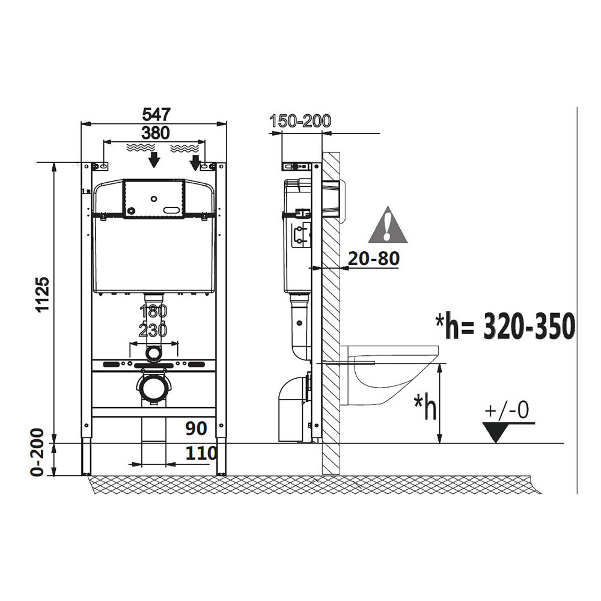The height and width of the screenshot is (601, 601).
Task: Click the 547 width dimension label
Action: (x=156, y=114)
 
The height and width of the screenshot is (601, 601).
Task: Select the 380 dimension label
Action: (x=156, y=133)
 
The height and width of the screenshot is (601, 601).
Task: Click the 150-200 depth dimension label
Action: (x=300, y=121)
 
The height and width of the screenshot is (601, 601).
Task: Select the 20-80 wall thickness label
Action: (x=374, y=258)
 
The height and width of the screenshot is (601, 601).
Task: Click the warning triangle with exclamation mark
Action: (x=388, y=226)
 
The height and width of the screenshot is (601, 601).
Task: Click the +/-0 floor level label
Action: (x=507, y=409)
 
